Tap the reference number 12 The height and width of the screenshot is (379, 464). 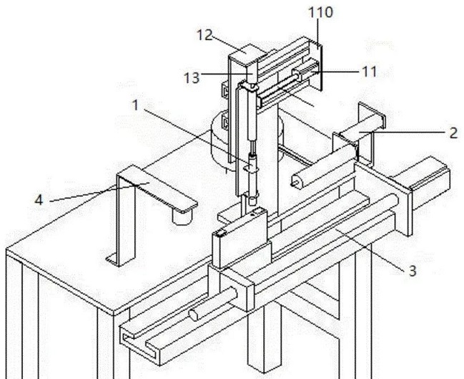tap(205, 35)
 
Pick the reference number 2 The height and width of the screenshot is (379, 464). tap(453, 132)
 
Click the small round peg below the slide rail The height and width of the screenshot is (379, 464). tap(197, 314)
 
